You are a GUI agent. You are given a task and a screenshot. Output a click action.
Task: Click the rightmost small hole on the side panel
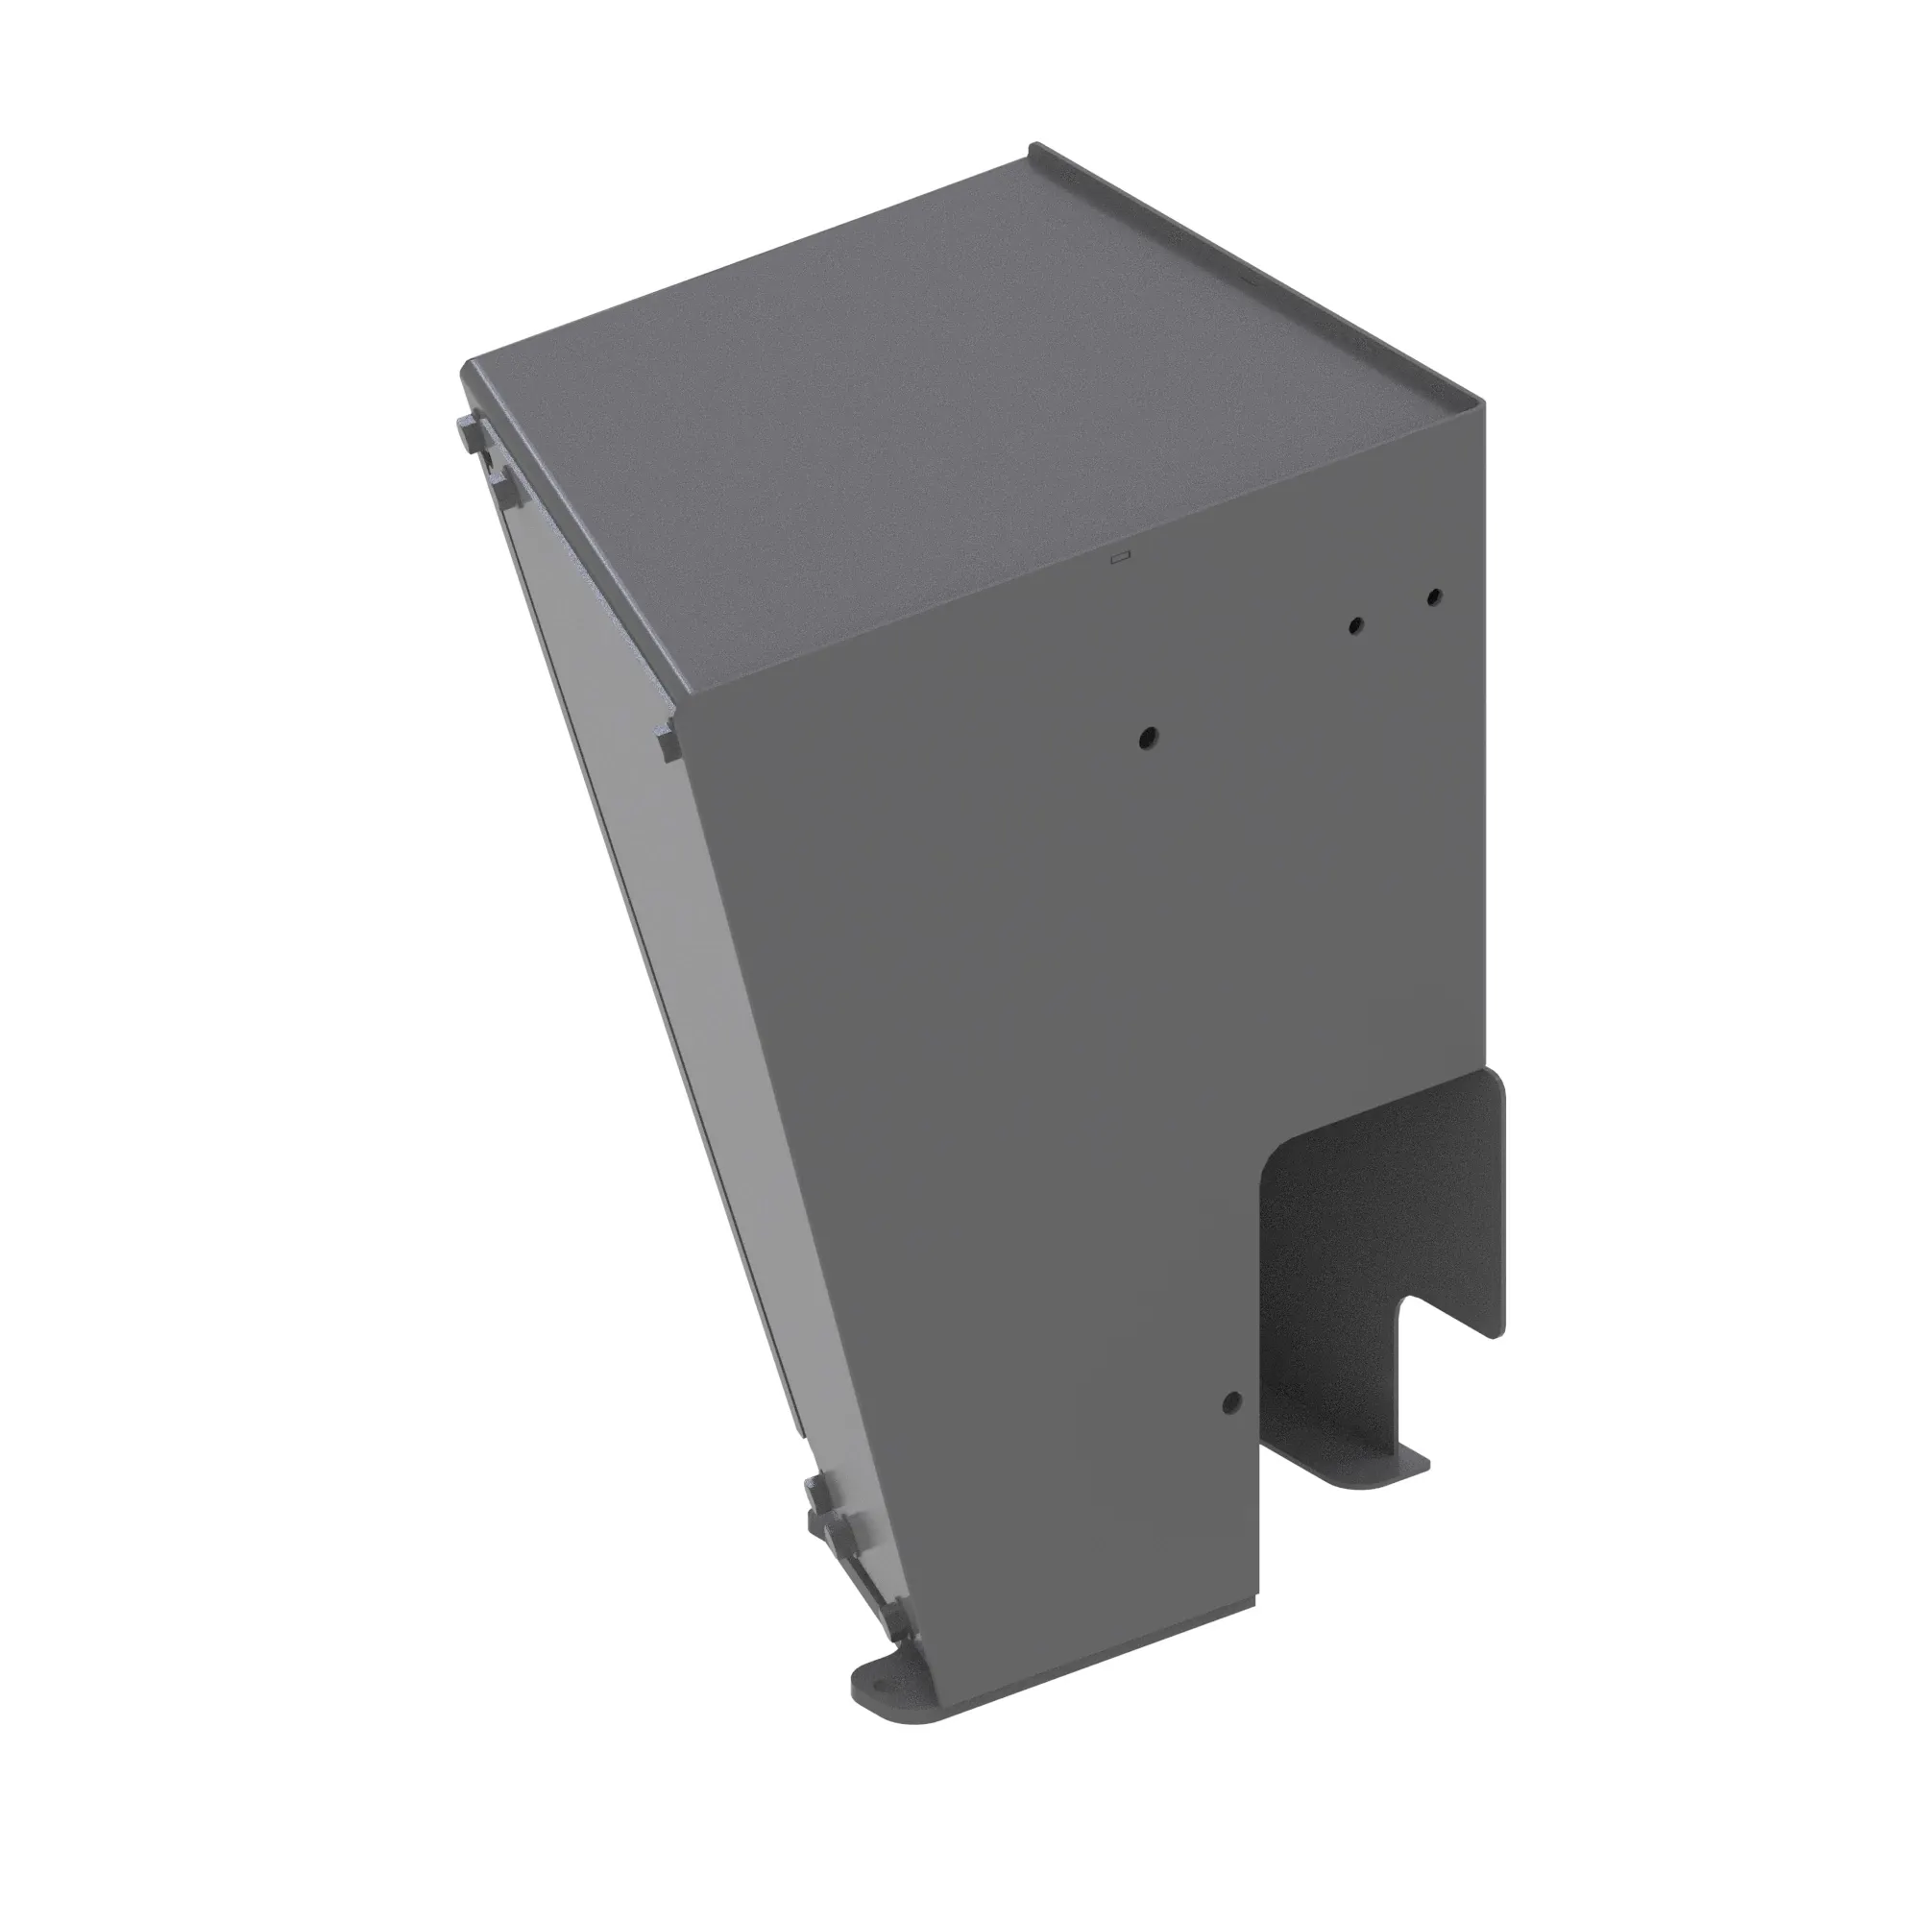(1433, 597)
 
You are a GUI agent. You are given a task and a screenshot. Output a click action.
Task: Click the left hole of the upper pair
(1355, 625)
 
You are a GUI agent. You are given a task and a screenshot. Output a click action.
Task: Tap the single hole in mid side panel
(1148, 738)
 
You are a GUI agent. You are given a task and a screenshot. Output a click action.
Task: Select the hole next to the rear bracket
(1231, 1402)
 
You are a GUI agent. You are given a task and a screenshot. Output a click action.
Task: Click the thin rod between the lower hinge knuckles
(855, 1581)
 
